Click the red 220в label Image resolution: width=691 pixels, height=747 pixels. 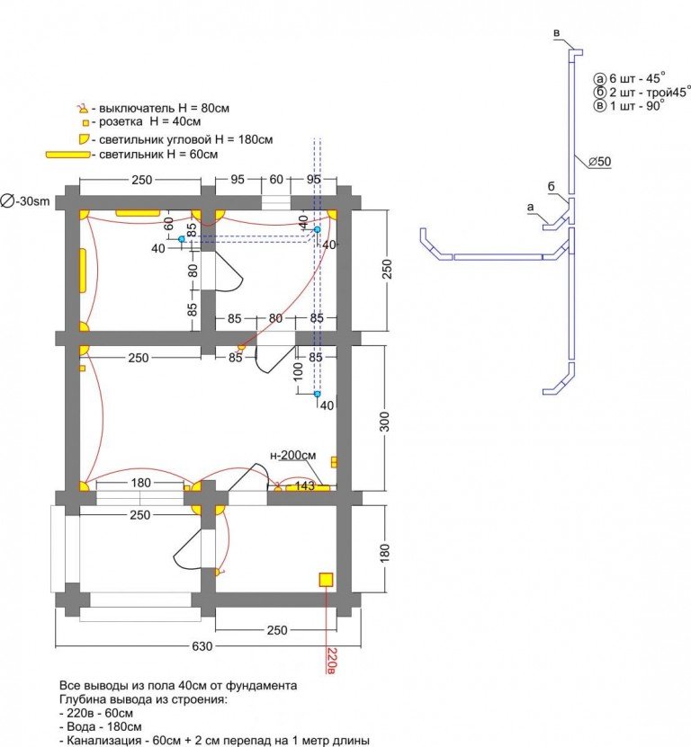coord(332,660)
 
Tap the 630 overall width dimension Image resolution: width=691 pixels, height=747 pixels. coord(202,646)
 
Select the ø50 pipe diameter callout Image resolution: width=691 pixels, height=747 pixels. coord(599,162)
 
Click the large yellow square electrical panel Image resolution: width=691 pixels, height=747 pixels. coord(326,579)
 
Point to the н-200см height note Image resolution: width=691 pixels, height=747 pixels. coord(292,456)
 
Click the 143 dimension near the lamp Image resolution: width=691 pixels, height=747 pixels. coord(305,485)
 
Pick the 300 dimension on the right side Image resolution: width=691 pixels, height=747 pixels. coord(384,422)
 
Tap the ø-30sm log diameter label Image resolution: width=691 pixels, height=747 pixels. coord(25,201)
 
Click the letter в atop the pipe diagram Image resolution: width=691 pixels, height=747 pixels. coord(556,33)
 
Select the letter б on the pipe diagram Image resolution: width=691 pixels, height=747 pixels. coord(551,187)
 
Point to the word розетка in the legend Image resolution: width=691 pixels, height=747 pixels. coord(121,122)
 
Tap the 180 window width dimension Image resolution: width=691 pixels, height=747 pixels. coord(140,483)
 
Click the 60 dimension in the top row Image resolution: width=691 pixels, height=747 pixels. coord(276,180)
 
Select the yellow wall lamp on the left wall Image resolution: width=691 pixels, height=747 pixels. coord(83,271)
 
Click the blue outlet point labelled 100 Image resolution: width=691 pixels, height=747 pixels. coord(317,394)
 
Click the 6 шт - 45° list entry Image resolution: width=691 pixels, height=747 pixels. coord(630,78)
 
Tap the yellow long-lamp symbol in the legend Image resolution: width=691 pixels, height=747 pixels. coord(67,155)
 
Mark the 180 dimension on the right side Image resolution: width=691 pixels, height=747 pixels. coord(384,552)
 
